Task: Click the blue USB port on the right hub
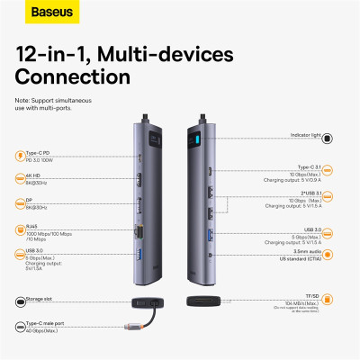(x=211, y=236)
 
